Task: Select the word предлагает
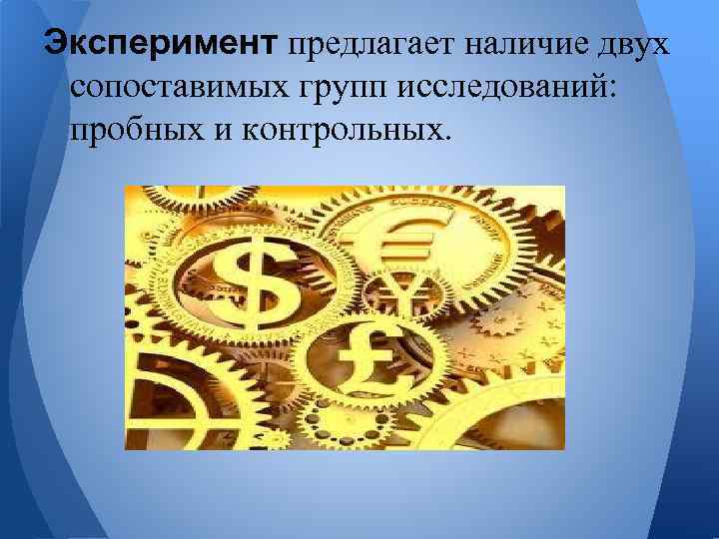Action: (x=367, y=44)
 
